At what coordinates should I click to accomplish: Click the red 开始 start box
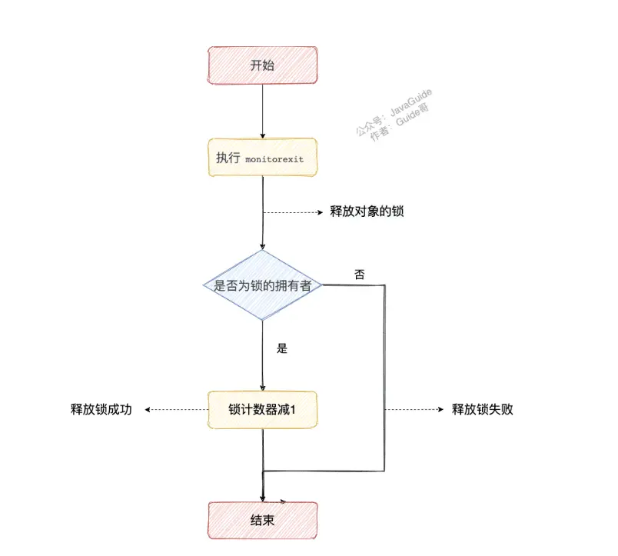tap(263, 65)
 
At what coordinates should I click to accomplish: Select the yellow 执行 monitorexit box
tap(263, 158)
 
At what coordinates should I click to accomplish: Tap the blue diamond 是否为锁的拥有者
tap(263, 285)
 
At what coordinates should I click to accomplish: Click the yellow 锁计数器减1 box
tap(263, 410)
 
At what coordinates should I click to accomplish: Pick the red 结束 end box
tap(263, 521)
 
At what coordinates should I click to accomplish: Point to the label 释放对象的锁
tap(367, 211)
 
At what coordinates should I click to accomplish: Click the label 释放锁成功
tap(101, 410)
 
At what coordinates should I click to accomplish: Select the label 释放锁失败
tap(482, 410)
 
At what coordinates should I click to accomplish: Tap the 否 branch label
tap(360, 274)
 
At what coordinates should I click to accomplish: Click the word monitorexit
tap(274, 158)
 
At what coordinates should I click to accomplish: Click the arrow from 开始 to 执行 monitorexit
tap(263, 112)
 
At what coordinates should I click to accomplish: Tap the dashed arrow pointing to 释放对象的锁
tap(292, 212)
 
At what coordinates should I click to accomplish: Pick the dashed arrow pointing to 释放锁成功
tap(177, 410)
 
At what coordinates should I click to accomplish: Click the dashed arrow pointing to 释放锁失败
tap(415, 410)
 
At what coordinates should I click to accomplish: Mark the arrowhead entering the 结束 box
tap(263, 498)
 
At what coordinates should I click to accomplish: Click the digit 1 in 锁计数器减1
tap(293, 411)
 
